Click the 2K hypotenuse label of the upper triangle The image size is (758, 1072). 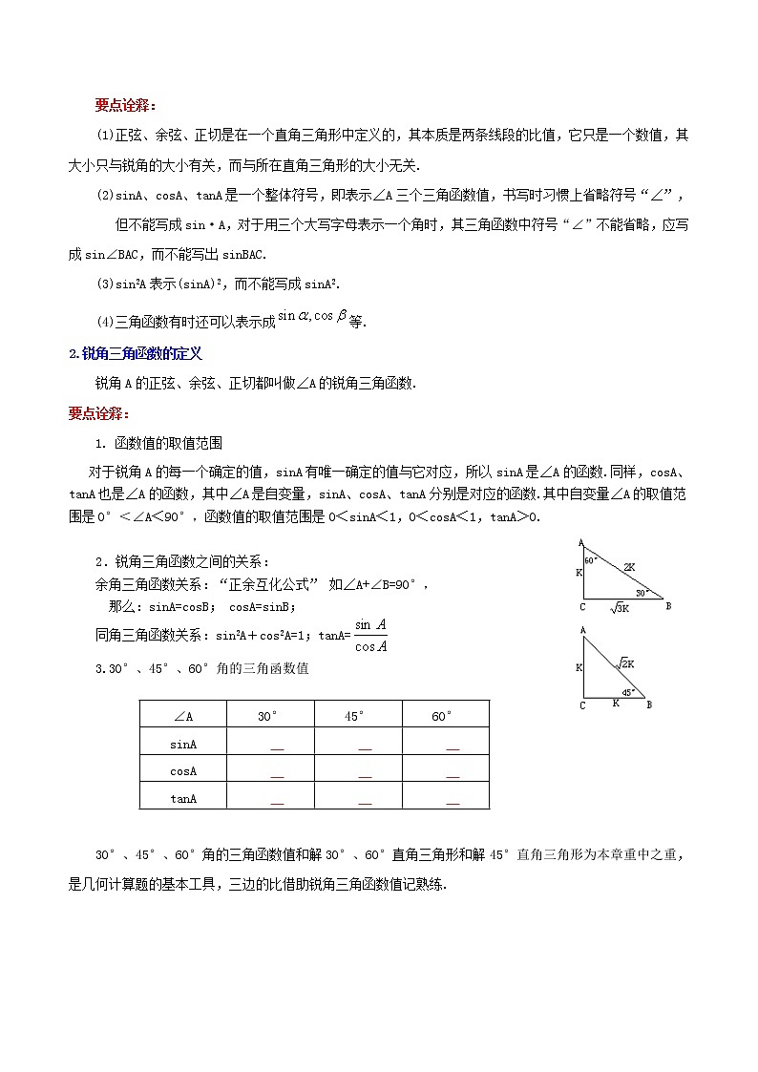click(x=629, y=567)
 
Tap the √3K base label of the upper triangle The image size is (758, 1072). click(x=621, y=607)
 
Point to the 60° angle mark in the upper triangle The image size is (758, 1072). click(x=591, y=560)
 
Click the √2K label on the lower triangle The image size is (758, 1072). click(x=626, y=662)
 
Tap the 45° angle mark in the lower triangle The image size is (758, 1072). click(x=628, y=693)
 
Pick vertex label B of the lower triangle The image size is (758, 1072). click(x=649, y=705)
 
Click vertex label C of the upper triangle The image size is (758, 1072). click(x=581, y=606)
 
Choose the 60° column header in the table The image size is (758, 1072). click(x=443, y=716)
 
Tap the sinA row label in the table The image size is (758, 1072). click(x=183, y=744)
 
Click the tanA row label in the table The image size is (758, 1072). click(x=183, y=797)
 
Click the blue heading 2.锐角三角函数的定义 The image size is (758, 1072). click(x=136, y=353)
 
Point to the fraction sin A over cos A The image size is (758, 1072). click(x=369, y=635)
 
